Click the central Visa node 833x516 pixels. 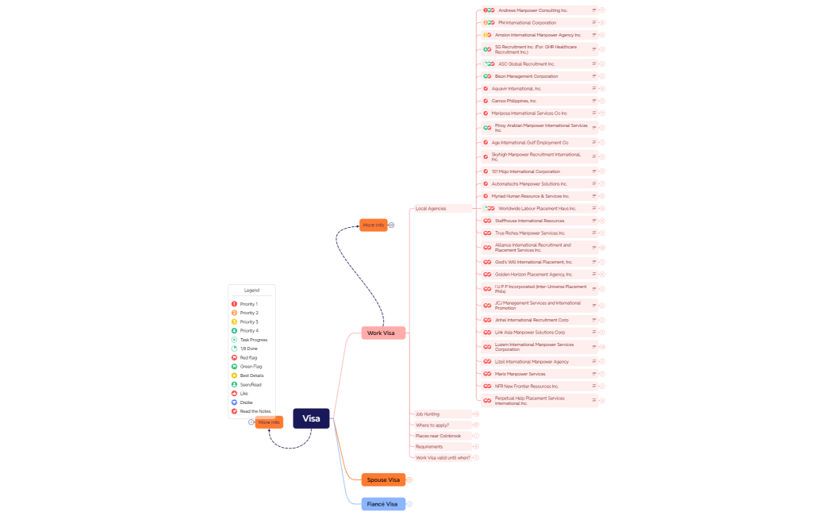[311, 418]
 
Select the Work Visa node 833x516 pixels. [382, 333]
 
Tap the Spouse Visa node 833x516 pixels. [383, 479]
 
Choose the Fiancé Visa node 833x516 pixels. [382, 504]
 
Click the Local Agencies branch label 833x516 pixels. [432, 209]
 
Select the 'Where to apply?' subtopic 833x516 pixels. [432, 425]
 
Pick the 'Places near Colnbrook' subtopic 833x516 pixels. [438, 436]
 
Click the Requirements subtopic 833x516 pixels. [429, 446]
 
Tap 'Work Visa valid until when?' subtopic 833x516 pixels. [443, 457]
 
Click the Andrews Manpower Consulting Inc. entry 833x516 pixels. [532, 10]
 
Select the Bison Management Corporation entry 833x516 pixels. [526, 76]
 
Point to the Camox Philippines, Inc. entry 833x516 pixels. [514, 101]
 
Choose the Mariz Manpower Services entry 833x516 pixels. [520, 374]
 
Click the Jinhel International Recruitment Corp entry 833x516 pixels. [532, 320]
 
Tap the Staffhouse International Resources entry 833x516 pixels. [529, 221]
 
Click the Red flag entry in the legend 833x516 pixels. [248, 358]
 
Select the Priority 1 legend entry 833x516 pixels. [248, 304]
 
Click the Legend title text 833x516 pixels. [251, 291]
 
